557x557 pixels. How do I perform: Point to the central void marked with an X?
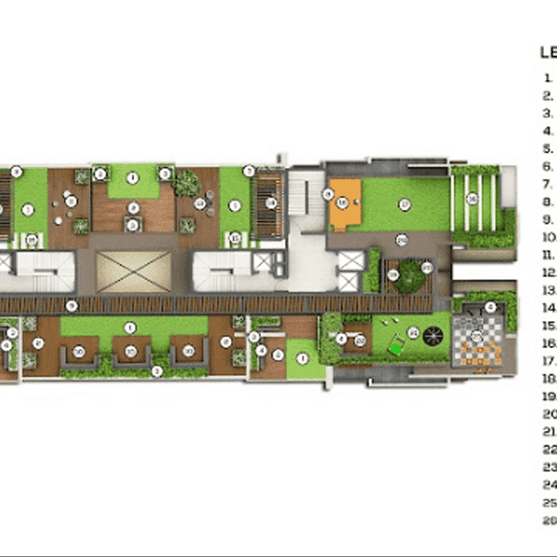coord(135,269)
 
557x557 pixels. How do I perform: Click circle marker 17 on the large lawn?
coord(405,203)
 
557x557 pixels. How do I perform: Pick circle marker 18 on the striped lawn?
coord(472,198)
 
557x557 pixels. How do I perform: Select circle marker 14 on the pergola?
coord(271,202)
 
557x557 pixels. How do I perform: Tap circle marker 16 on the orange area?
coord(342,202)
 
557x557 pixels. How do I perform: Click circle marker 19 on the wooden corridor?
coord(71,304)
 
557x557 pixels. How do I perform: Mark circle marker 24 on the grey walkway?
coord(401,239)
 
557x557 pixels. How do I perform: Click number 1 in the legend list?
coord(550,77)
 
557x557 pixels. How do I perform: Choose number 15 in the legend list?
coord(549,326)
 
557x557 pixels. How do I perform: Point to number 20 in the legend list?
coord(549,414)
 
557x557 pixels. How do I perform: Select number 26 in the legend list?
coord(549,521)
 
